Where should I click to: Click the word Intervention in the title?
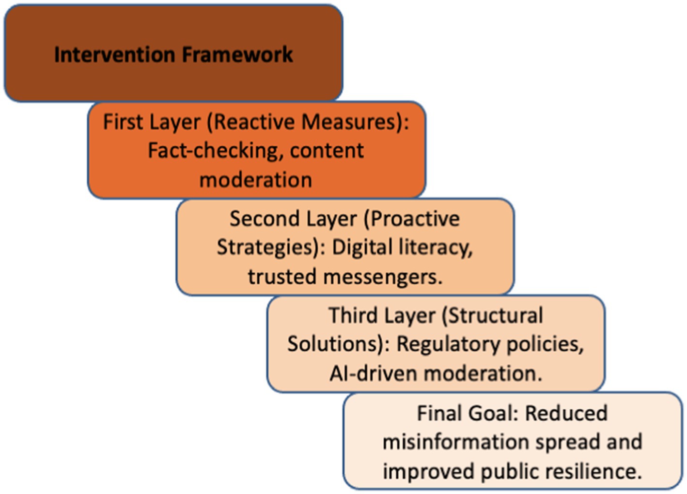(115, 55)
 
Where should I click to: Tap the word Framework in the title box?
(237, 55)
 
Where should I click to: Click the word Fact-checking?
(216, 151)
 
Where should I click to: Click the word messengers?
(383, 277)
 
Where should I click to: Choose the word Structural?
(493, 315)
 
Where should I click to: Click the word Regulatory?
(448, 345)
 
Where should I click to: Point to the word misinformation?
(456, 442)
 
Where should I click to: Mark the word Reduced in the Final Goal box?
(566, 413)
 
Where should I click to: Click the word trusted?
(282, 277)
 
